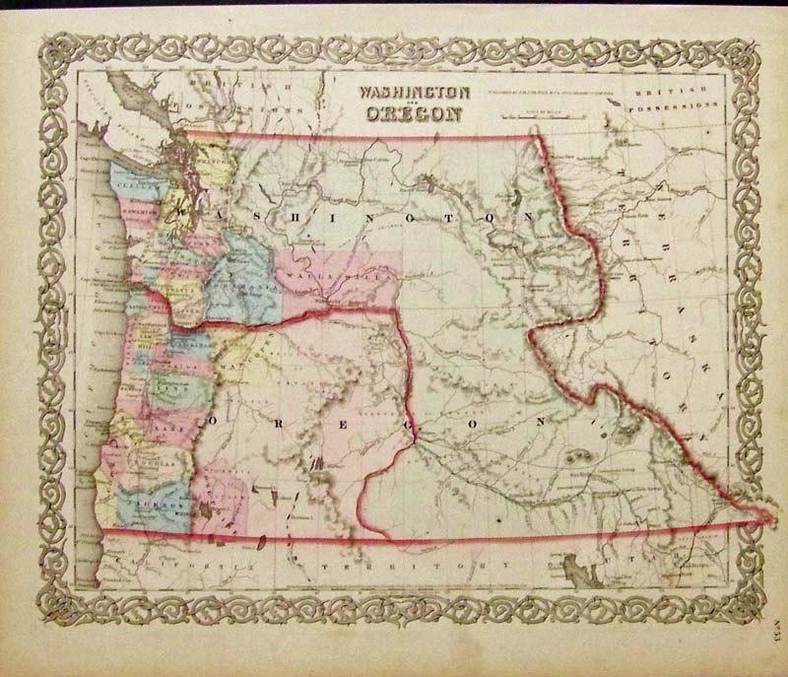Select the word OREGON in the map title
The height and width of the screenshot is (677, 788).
coord(411,113)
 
